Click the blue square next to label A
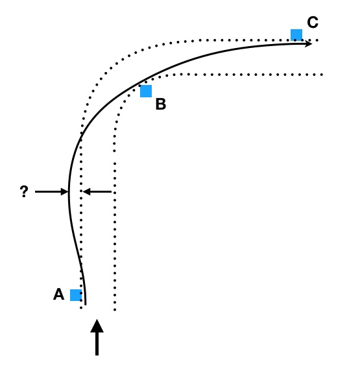click(x=76, y=295)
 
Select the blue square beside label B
click(x=146, y=91)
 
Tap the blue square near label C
click(x=296, y=35)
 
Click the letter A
click(x=58, y=295)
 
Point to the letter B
click(x=161, y=104)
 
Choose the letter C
click(x=313, y=23)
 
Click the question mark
click(x=24, y=192)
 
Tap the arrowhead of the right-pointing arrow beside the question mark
click(x=66, y=192)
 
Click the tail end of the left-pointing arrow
click(x=113, y=192)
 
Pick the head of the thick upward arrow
click(x=97, y=324)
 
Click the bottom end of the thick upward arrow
click(x=97, y=354)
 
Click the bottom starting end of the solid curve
click(x=85, y=303)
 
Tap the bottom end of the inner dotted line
click(x=115, y=309)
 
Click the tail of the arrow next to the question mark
click(x=36, y=192)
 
